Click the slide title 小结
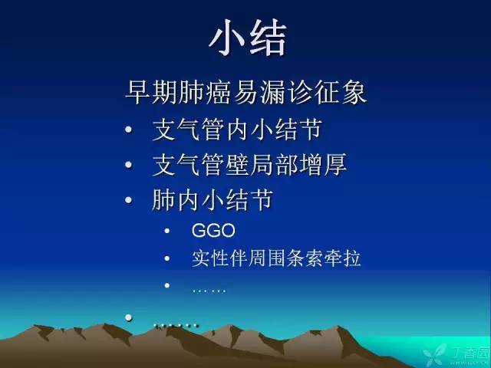point(248,38)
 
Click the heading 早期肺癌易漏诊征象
point(245,94)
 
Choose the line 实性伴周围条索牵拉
point(276,258)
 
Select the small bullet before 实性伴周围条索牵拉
point(168,259)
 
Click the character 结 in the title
point(269,38)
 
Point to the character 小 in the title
point(227,38)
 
